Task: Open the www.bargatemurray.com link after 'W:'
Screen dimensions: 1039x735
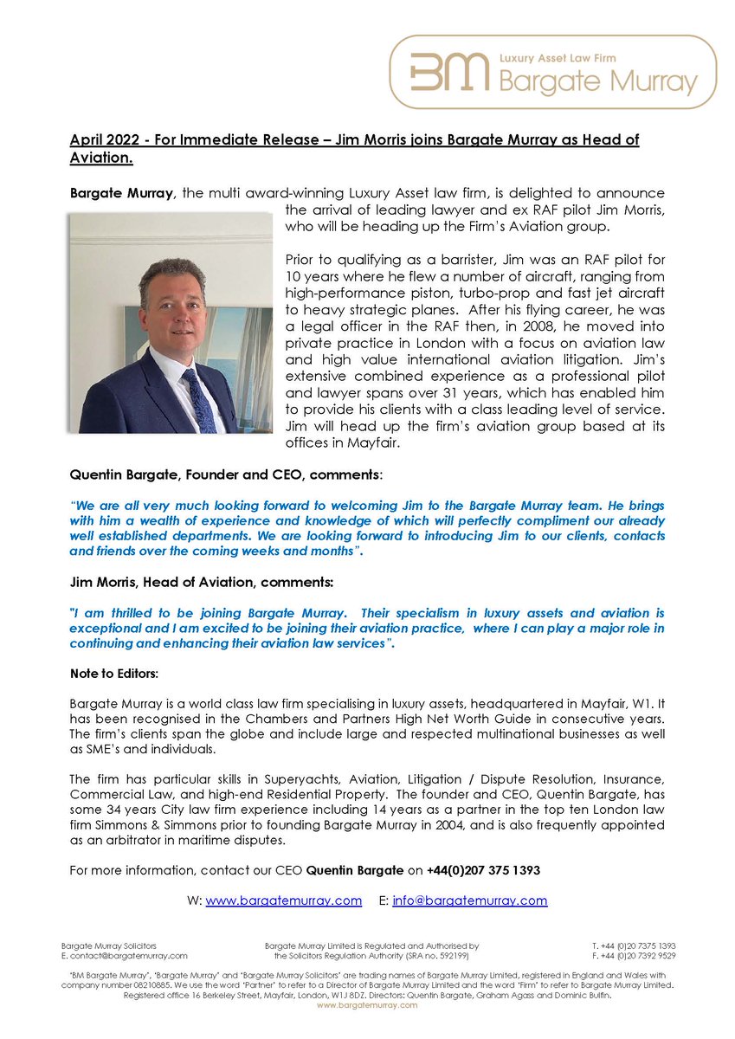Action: point(283,900)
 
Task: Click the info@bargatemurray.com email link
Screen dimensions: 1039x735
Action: point(469,900)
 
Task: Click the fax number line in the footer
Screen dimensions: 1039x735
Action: point(634,956)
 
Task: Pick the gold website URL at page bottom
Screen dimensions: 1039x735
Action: point(367,1005)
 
